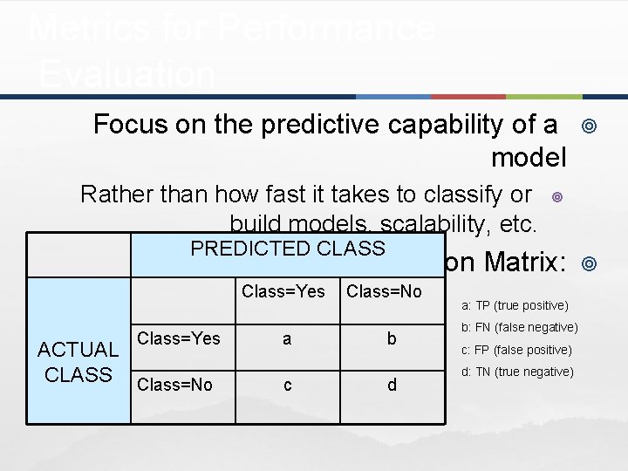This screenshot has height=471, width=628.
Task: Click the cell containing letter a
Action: coord(287,338)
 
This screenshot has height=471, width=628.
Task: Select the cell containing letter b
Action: coord(392,338)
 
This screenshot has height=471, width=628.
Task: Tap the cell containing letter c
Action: coord(287,384)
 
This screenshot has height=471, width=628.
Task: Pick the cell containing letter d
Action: coord(392,384)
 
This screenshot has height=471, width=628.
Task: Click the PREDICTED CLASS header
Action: coord(288,249)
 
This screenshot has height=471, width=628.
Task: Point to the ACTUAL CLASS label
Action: coord(78,362)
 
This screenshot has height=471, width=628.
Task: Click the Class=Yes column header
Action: coord(283,291)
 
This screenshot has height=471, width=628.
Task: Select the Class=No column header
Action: coord(384,291)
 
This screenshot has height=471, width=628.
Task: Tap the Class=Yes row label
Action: coord(179,338)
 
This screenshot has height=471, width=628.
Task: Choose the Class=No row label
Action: coord(175,385)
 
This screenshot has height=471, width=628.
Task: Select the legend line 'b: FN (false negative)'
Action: coord(520,327)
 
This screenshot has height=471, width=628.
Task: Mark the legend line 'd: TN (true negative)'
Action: coord(518,372)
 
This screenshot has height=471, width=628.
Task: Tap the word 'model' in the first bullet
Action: coord(529,158)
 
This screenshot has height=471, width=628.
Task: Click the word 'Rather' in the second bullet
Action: coord(116,193)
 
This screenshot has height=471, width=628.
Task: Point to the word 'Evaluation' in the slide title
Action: coord(127,75)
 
